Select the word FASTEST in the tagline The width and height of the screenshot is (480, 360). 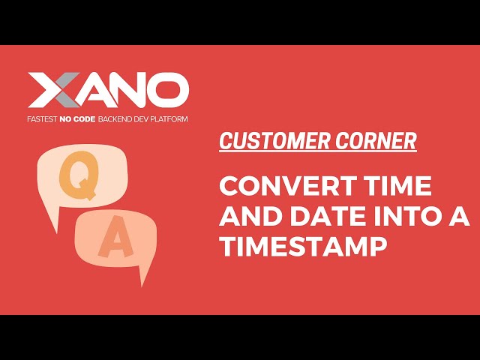[43, 119]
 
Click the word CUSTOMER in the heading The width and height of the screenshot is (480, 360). [270, 141]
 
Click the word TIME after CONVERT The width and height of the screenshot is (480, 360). [397, 185]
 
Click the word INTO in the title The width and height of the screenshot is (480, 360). [407, 217]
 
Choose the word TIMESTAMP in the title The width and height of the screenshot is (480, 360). [304, 248]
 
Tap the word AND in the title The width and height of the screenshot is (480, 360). [248, 217]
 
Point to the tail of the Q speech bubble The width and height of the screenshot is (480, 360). [52, 223]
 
